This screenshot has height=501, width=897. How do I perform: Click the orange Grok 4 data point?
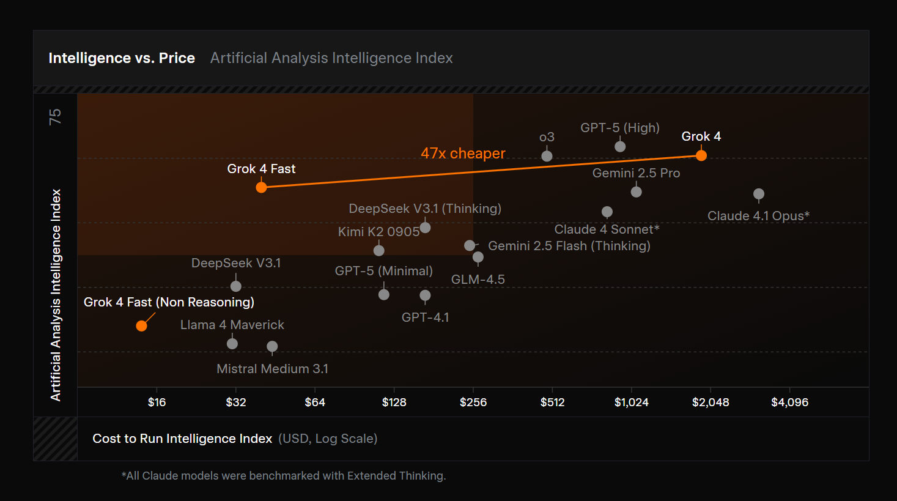pyautogui.click(x=701, y=155)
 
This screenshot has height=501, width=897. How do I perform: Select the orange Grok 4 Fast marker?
pyautogui.click(x=261, y=187)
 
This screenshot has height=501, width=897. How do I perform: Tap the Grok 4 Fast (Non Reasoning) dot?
pyautogui.click(x=141, y=326)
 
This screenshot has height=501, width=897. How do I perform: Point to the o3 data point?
pyautogui.click(x=547, y=156)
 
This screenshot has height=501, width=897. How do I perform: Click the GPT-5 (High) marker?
pyautogui.click(x=620, y=146)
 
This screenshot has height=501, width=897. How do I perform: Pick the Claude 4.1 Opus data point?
pyautogui.click(x=759, y=194)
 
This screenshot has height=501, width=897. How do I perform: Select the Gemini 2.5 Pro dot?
pyautogui.click(x=636, y=191)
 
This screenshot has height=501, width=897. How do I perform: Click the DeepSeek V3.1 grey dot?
pyautogui.click(x=236, y=286)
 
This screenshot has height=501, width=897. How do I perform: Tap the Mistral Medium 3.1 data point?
pyautogui.click(x=272, y=346)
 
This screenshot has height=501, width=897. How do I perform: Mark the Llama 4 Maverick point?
pyautogui.click(x=232, y=344)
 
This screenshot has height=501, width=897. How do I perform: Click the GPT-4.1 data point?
pyautogui.click(x=425, y=295)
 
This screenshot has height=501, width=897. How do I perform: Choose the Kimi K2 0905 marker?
pyautogui.click(x=379, y=250)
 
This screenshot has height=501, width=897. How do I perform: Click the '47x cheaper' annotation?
pyautogui.click(x=463, y=154)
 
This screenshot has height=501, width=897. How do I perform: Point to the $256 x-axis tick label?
pyautogui.click(x=473, y=403)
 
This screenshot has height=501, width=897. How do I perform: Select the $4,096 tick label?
pyautogui.click(x=789, y=403)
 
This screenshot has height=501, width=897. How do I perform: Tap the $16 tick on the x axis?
pyautogui.click(x=157, y=403)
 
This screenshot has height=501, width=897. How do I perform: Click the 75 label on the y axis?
pyautogui.click(x=56, y=116)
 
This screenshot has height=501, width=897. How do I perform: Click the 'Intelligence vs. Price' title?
pyautogui.click(x=122, y=58)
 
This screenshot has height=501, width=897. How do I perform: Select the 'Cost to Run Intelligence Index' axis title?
pyautogui.click(x=182, y=439)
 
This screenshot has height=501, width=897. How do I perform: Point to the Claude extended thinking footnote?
pyautogui.click(x=284, y=476)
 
